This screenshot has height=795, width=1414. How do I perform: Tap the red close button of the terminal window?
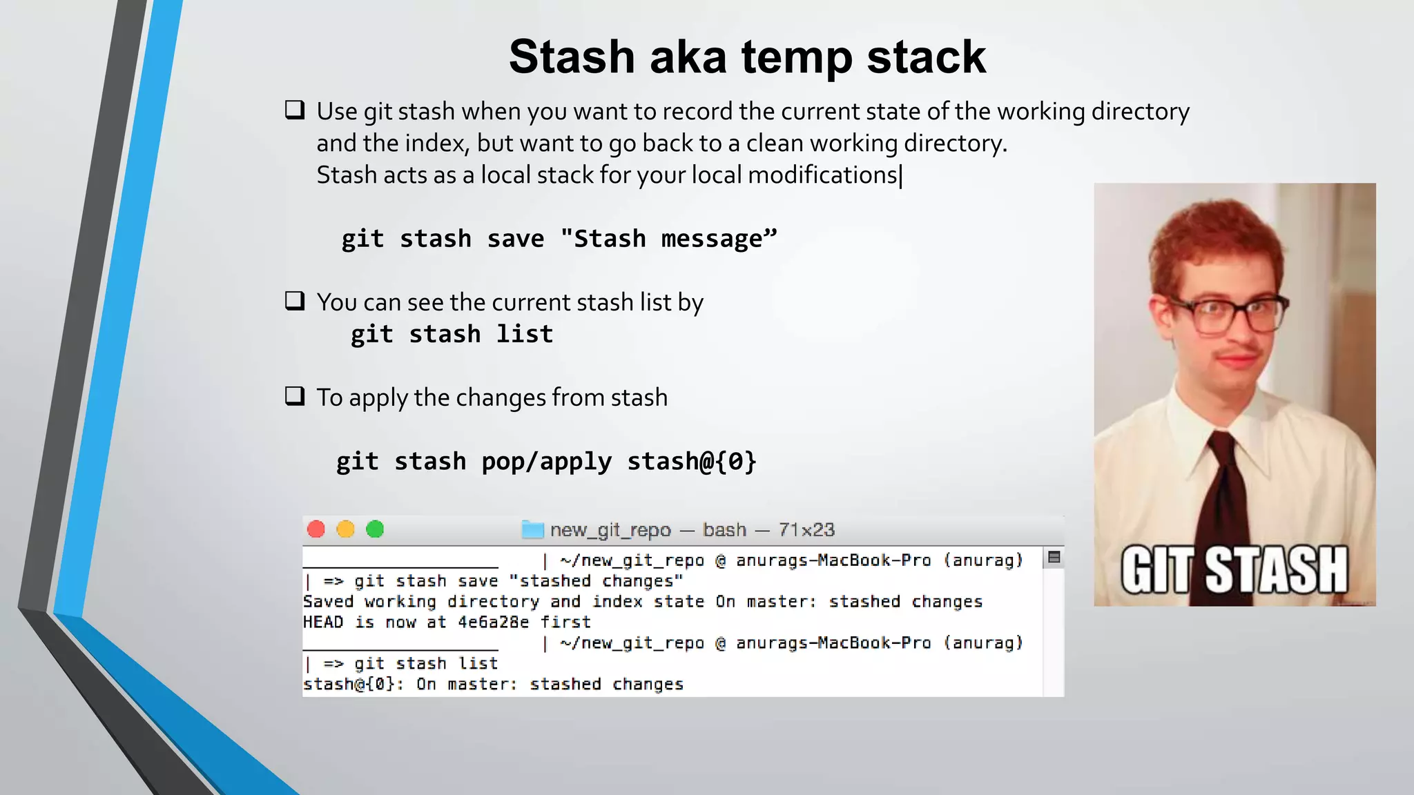click(316, 529)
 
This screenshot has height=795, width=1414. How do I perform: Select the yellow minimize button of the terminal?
click(345, 529)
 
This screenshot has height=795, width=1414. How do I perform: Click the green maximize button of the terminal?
click(375, 529)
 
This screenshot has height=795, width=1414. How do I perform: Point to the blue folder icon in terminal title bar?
click(532, 529)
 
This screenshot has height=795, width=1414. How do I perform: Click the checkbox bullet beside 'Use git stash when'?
click(295, 110)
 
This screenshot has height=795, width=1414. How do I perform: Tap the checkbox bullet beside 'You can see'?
click(295, 301)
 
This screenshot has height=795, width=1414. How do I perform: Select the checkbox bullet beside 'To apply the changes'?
click(295, 396)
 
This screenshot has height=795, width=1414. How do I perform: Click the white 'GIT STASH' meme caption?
click(1234, 570)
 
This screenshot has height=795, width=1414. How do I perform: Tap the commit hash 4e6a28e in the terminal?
click(493, 622)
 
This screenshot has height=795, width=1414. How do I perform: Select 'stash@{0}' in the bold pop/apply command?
click(692, 461)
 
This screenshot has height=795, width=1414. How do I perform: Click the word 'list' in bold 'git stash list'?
click(525, 334)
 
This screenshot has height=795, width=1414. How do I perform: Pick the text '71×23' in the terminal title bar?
click(806, 530)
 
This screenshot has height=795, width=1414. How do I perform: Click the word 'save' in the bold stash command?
click(515, 239)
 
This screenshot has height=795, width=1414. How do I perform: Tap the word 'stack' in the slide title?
click(926, 57)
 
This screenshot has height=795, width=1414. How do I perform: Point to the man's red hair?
click(1215, 235)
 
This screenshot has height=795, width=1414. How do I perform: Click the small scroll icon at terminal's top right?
click(1054, 558)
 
